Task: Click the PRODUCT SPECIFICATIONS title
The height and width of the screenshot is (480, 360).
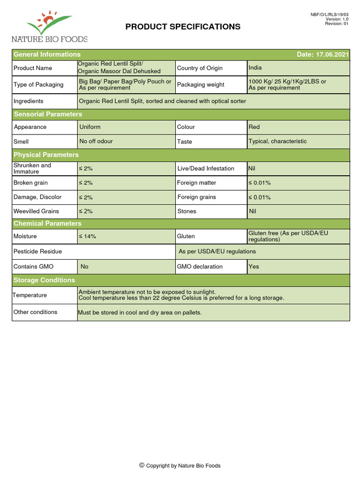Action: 183,27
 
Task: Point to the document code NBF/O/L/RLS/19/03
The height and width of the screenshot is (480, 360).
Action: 330,15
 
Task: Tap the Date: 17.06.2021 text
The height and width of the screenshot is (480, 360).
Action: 322,54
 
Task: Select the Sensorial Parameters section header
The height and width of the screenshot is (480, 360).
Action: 48,114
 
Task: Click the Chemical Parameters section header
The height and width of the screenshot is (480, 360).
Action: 47,224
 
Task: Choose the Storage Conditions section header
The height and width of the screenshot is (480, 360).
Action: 44,280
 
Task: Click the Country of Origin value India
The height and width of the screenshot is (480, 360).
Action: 255,68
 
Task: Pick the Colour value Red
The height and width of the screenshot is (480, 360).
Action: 254,127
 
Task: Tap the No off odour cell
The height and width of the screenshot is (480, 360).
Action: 96,141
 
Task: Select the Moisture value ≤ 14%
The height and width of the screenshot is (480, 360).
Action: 88,237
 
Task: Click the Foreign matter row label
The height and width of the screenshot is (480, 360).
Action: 196,183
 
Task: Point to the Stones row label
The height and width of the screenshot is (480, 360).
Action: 187,211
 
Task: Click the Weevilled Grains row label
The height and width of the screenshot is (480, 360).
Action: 36,211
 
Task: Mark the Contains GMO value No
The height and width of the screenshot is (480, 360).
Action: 84,267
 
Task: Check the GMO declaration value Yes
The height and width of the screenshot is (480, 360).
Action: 254,267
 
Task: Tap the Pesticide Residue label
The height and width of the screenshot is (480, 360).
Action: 37,251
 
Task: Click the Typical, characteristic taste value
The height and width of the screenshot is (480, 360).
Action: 277,141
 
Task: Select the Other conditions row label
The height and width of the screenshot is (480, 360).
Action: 35,312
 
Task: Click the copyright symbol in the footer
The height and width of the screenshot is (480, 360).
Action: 142,465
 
